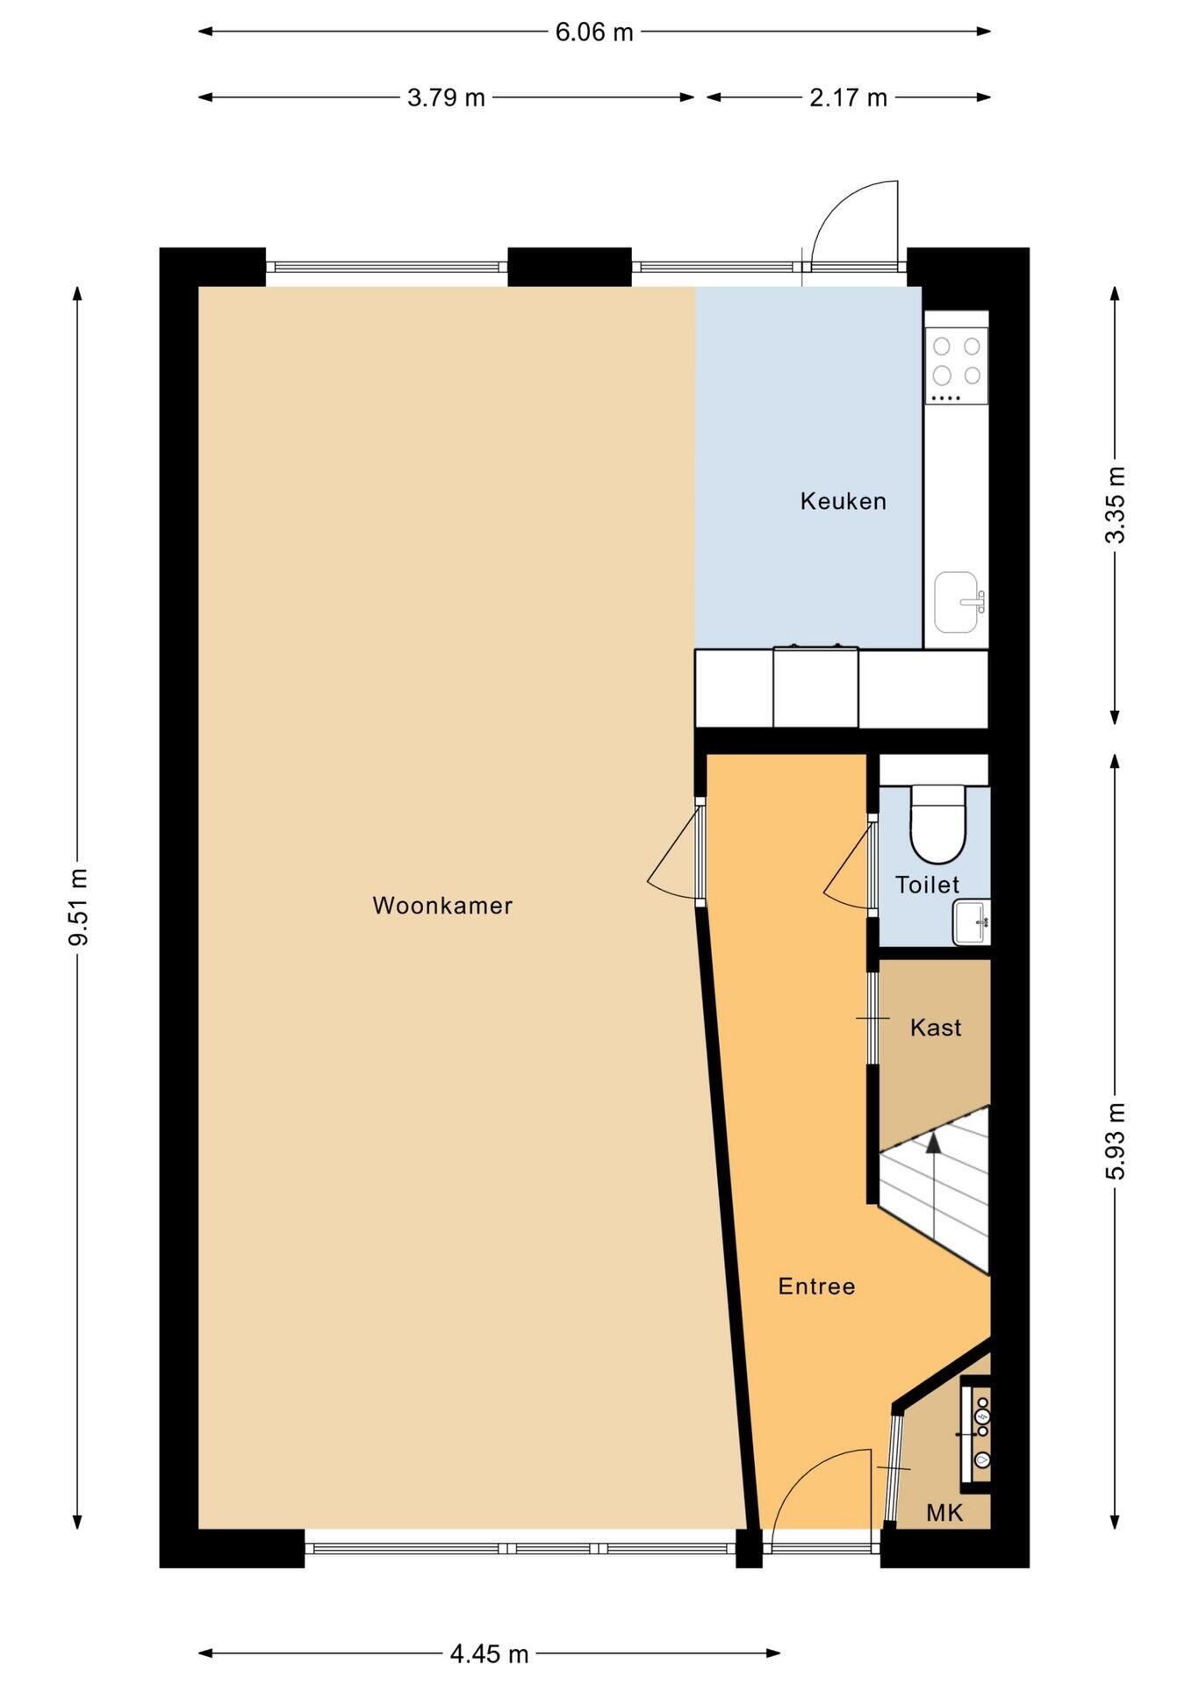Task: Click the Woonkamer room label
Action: click(x=442, y=906)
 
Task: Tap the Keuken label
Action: click(x=843, y=501)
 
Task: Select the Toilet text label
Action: click(x=927, y=885)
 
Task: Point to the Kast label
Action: click(x=936, y=1028)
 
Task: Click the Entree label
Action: click(x=816, y=1287)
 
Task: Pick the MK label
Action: click(x=944, y=1512)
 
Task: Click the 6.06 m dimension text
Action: click(x=594, y=32)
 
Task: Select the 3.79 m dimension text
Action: click(x=446, y=97)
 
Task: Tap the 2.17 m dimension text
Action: click(x=848, y=97)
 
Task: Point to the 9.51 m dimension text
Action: click(x=79, y=907)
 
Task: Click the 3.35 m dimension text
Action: click(x=1115, y=505)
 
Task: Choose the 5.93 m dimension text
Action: click(x=1115, y=1141)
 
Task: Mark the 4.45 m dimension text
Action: click(x=489, y=1654)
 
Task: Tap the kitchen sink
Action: click(x=958, y=602)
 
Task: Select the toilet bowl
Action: click(x=937, y=824)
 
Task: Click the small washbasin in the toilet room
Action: click(x=971, y=922)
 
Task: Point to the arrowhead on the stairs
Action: click(x=933, y=1141)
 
